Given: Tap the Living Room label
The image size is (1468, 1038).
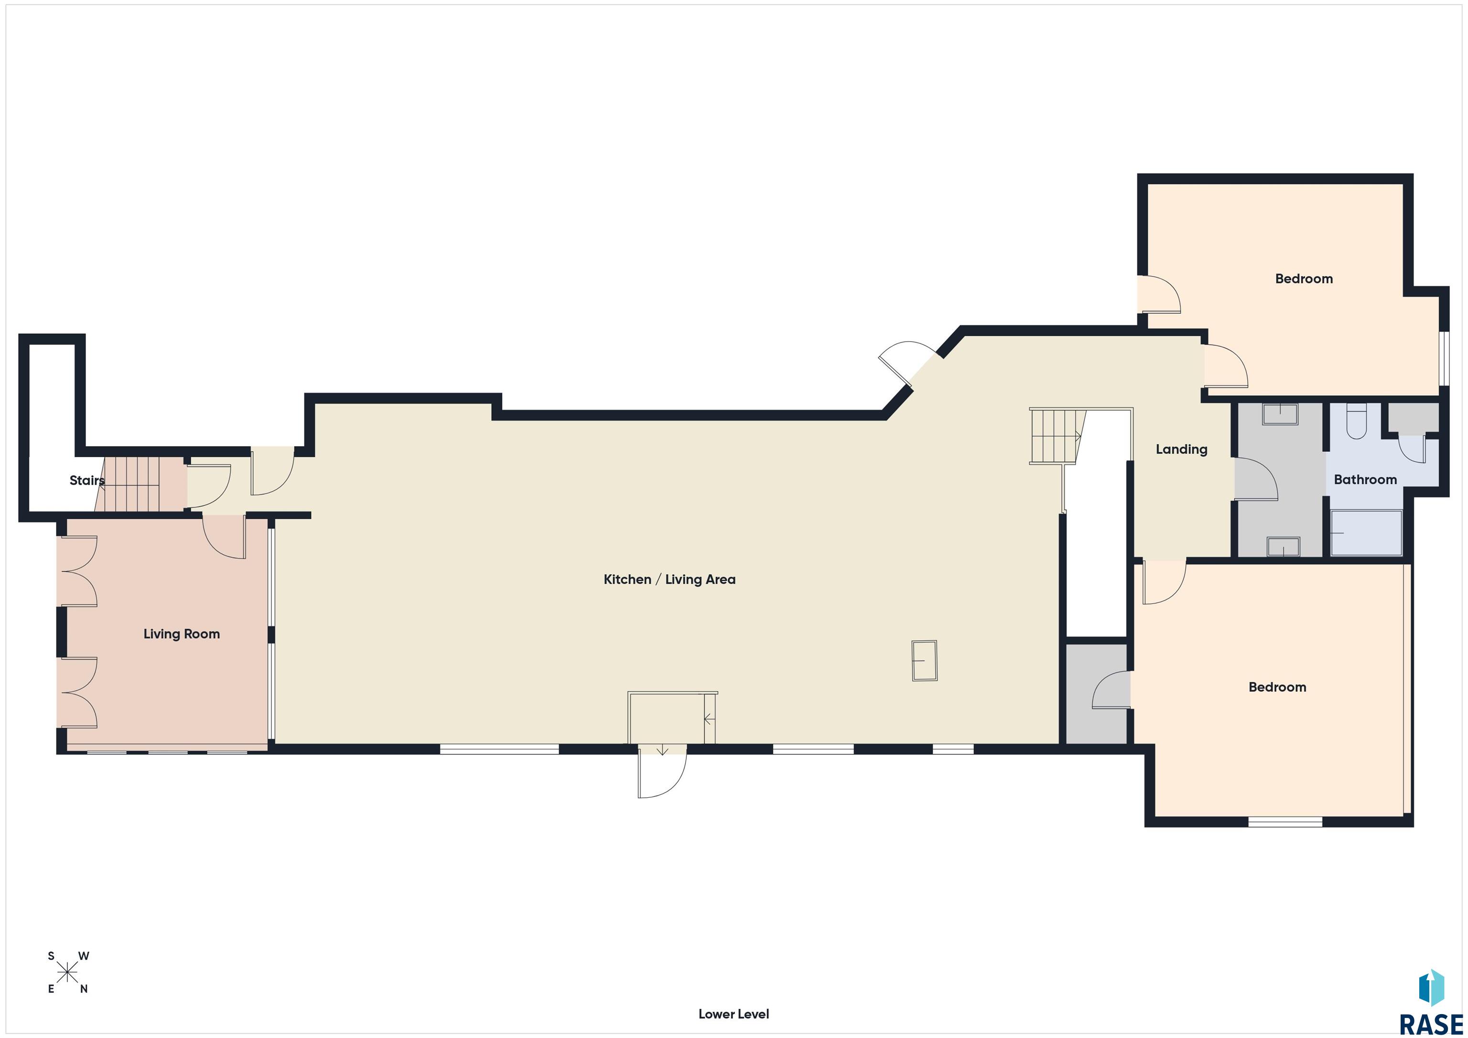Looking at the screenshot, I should click(x=182, y=633).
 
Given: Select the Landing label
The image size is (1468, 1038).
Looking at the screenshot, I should click(x=1181, y=449).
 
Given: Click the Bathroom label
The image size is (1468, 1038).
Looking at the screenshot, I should click(x=1365, y=480).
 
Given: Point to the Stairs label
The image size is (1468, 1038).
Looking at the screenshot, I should click(x=86, y=480).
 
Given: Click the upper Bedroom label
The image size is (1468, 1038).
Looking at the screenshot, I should click(x=1303, y=278).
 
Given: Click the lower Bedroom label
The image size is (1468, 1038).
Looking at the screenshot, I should click(x=1277, y=687).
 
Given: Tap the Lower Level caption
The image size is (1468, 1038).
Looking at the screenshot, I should click(x=734, y=1014).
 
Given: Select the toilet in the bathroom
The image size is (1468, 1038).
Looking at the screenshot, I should click(x=1356, y=422).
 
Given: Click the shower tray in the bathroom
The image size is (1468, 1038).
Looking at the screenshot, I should click(x=1366, y=533).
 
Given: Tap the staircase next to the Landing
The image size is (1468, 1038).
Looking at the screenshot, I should click(x=1055, y=436).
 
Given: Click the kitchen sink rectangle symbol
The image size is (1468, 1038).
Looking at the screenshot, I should click(x=924, y=660).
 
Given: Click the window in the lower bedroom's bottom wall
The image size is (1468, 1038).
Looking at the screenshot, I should click(x=1284, y=822).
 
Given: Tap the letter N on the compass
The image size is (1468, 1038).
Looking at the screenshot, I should click(x=84, y=989).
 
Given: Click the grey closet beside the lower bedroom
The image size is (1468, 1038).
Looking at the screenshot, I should click(x=1096, y=694).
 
